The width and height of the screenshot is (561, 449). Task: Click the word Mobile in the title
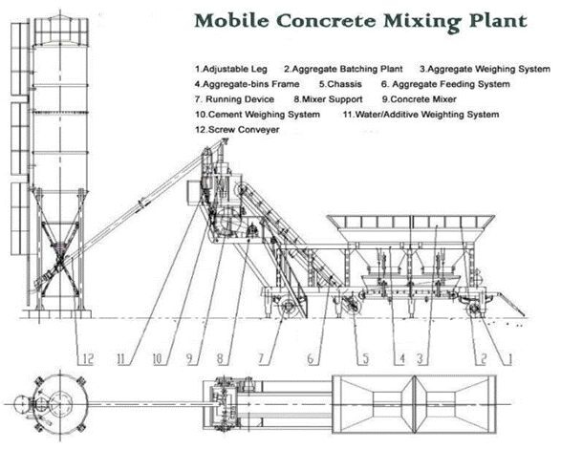tap(231, 21)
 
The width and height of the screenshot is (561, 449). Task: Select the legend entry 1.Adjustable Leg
tap(231, 69)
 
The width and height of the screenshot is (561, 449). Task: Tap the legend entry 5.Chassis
tap(340, 84)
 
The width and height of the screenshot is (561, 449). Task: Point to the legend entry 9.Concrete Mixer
tap(419, 99)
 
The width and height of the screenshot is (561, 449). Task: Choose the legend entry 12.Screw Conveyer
tap(237, 130)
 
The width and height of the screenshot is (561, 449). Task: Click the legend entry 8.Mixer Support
tap(328, 99)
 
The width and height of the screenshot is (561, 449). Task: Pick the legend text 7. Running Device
tap(235, 99)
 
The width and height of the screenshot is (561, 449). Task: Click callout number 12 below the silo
tap(88, 359)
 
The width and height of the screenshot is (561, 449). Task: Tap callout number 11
tap(121, 359)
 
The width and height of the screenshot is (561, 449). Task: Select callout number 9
tap(189, 359)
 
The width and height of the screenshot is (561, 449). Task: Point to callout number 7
tap(261, 359)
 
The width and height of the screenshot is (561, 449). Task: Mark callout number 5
tap(365, 359)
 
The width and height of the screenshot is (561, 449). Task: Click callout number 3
tap(421, 359)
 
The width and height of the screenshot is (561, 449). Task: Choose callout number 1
tap(510, 359)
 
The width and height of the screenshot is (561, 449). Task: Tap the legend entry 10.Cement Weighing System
tap(257, 115)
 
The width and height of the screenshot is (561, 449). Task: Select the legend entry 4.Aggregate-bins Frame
tap(247, 84)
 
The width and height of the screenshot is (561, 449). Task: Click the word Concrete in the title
tap(326, 21)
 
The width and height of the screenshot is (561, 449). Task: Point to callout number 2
tap(484, 359)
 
